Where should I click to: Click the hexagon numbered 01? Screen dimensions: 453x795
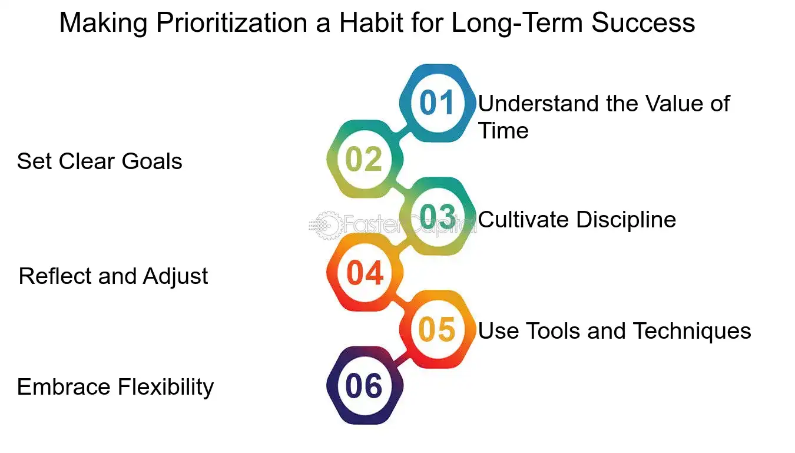[x=438, y=103]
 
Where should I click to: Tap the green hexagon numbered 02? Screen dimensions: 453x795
[x=365, y=160]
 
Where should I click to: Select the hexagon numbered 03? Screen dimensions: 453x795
[x=438, y=217]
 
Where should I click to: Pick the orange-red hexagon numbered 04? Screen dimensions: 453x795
[x=365, y=273]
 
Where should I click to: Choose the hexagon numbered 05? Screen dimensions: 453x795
[x=438, y=330]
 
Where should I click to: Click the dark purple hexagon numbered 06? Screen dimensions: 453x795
[x=365, y=386]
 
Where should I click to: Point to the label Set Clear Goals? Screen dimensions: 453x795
[x=100, y=161]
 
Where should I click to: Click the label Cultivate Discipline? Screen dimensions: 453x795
[x=577, y=220]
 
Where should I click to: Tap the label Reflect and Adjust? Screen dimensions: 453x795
[x=113, y=276]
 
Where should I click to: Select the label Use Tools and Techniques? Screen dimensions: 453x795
[x=614, y=331]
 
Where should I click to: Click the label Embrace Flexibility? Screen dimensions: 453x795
[x=115, y=387]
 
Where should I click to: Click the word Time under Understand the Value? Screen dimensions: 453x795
[x=503, y=130]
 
